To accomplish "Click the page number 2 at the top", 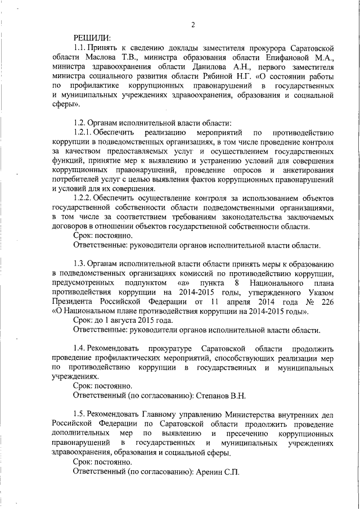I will click(x=193, y=25).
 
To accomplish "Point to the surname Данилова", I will click(x=199, y=66).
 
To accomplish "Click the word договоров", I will click(x=69, y=226).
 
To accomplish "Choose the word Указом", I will click(x=322, y=290).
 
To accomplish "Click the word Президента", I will click(x=73, y=300).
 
